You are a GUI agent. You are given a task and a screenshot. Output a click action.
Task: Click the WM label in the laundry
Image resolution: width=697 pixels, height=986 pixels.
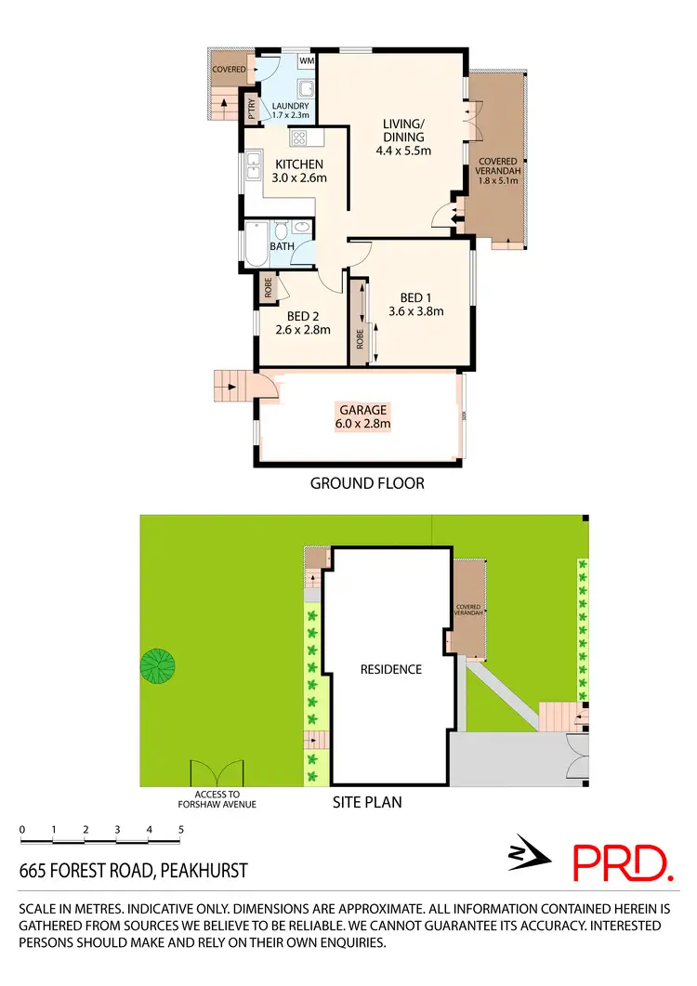tap(306, 61)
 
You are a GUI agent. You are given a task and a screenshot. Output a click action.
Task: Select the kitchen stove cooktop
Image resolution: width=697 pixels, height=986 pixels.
tap(300, 139)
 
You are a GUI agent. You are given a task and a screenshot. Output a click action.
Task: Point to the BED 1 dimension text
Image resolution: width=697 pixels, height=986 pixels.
tap(415, 311)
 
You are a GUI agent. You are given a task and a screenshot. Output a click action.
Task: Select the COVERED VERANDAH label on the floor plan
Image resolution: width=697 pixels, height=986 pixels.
tap(498, 172)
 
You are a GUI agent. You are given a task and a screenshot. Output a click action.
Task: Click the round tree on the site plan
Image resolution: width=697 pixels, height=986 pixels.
tap(157, 665)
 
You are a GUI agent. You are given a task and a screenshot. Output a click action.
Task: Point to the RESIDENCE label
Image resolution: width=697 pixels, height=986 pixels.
tap(391, 669)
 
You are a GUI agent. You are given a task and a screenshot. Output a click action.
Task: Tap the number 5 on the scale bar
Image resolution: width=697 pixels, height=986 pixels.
tap(181, 829)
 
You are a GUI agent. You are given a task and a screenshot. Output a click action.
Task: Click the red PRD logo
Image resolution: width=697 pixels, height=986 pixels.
tap(622, 862)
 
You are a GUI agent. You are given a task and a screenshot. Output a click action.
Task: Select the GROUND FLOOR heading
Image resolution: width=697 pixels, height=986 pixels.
tap(367, 483)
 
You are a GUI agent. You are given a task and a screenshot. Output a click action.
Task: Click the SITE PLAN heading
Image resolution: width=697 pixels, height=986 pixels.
tap(367, 801)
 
